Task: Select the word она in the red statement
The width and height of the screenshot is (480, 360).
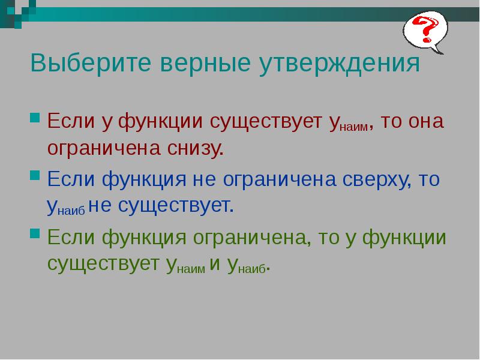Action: [425, 121]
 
